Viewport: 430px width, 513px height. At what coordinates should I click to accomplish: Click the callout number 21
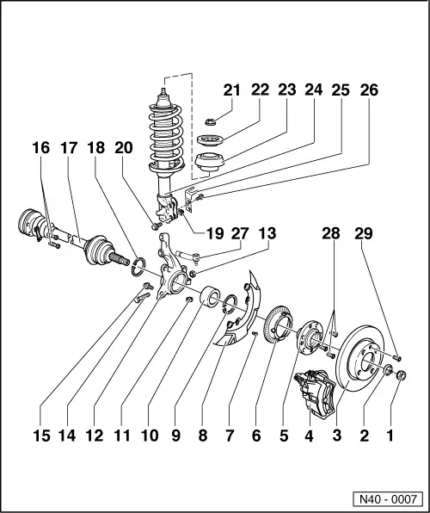233,90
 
